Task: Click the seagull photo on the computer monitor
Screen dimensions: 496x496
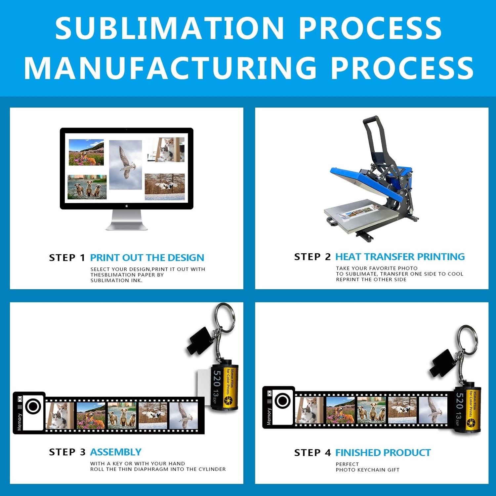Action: (125, 165)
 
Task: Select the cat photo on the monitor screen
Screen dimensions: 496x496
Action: (166, 149)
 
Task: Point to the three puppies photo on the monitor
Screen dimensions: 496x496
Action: (87, 187)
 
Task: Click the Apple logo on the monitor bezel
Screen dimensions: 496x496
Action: (127, 206)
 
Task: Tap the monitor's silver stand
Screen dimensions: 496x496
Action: (127, 220)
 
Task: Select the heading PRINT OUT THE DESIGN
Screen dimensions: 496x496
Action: (147, 258)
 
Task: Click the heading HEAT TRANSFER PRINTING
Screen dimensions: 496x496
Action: (400, 257)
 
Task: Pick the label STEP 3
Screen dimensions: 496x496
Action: (67, 452)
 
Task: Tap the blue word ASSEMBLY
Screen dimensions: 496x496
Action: (116, 452)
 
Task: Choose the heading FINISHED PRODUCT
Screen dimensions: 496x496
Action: (383, 452)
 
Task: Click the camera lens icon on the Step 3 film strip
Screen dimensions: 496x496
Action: (33, 406)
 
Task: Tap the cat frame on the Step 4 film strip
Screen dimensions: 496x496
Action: (309, 410)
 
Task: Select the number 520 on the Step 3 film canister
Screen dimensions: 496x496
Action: (217, 379)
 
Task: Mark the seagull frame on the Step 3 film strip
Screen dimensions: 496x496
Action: (184, 415)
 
